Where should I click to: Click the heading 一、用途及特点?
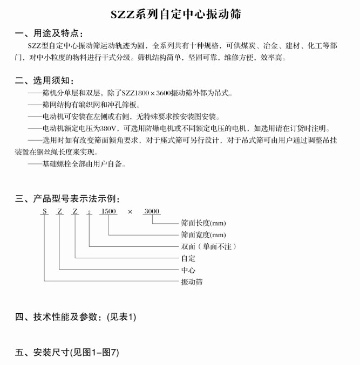point(49,34)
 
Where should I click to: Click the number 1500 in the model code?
point(108,211)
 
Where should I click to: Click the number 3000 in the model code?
point(152,211)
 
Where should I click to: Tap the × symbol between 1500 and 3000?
point(130,212)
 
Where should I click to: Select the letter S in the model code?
point(44,211)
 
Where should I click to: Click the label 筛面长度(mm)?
point(203,223)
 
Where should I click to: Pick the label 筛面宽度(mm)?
point(203,235)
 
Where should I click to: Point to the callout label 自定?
point(188,258)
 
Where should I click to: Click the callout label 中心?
point(188,270)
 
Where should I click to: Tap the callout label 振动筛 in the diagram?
point(192,282)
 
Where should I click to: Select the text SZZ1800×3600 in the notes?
point(146,93)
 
